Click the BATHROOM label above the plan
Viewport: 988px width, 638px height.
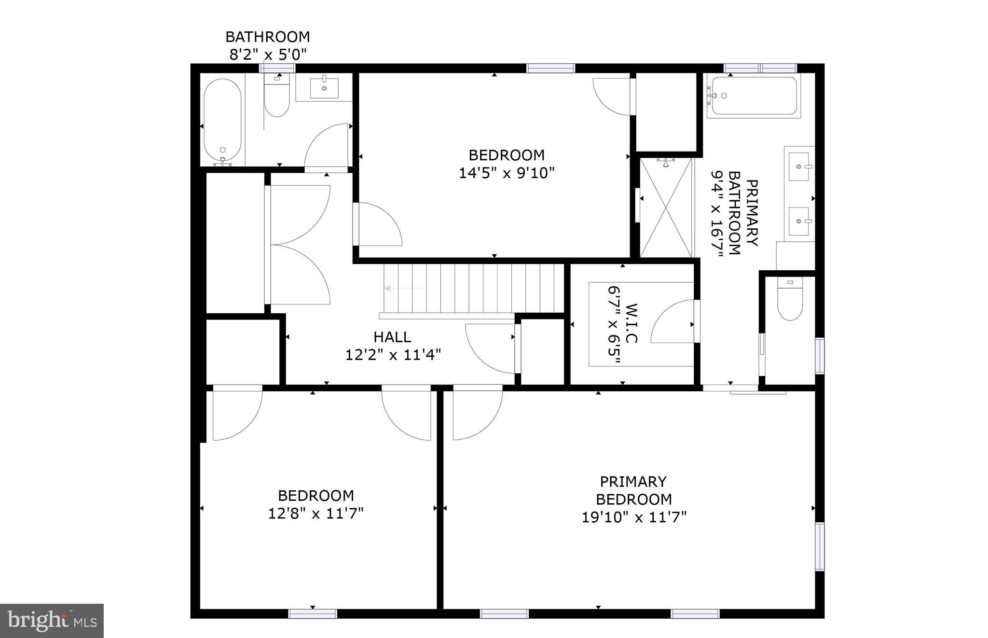pos(268,37)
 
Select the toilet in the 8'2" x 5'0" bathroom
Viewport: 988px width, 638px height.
pos(277,98)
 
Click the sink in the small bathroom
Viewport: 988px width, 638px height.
pos(324,88)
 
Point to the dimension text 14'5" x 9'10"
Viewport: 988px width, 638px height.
pos(506,173)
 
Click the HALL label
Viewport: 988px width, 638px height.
pos(392,337)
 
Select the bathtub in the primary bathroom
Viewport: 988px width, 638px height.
pos(755,96)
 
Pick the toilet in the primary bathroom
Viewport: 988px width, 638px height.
pos(790,301)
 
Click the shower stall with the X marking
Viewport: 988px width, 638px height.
pos(666,208)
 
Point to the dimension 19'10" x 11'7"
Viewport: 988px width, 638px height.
pos(634,517)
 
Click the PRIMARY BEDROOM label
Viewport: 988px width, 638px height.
pos(634,490)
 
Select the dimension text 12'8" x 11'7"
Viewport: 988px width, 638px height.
pos(316,513)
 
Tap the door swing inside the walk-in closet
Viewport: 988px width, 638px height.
pos(673,322)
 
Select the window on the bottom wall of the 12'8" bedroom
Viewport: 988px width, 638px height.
pos(313,614)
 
